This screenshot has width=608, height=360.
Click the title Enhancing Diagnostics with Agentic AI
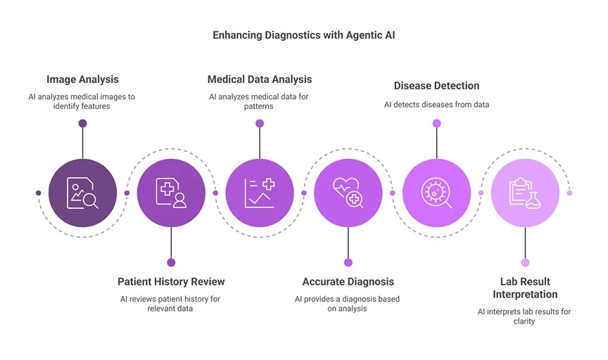[x=304, y=35]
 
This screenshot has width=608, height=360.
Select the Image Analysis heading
[x=82, y=79]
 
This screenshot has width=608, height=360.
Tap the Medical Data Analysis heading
[x=260, y=79]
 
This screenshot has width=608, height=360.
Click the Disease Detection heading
[x=436, y=86]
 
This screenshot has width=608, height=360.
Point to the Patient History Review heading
[x=171, y=281]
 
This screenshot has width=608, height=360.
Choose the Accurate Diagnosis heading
[x=348, y=281]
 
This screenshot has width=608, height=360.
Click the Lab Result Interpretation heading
[x=525, y=288]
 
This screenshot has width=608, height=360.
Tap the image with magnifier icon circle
[x=82, y=193]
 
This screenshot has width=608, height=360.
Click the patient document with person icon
[x=171, y=193]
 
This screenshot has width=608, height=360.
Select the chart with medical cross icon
[x=260, y=193]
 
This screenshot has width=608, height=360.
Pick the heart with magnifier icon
[x=348, y=193]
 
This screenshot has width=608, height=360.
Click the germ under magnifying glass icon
[x=436, y=193]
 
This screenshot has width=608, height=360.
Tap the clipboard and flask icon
[x=525, y=193]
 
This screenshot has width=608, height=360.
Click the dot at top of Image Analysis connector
[x=82, y=124]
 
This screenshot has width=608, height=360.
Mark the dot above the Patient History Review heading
[x=171, y=262]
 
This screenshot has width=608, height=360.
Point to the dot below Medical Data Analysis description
[x=260, y=124]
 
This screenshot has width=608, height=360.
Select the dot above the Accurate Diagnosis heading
[x=348, y=262]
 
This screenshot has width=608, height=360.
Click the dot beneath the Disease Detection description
[x=436, y=124]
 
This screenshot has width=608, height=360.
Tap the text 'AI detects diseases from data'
[x=436, y=104]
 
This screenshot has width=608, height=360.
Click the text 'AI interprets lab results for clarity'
[x=525, y=316]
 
